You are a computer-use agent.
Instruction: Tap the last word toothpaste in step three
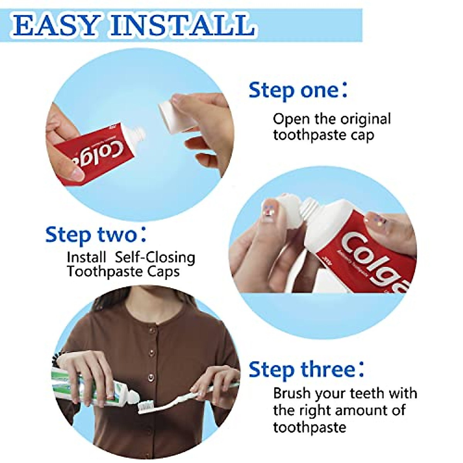tap(309, 427)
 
